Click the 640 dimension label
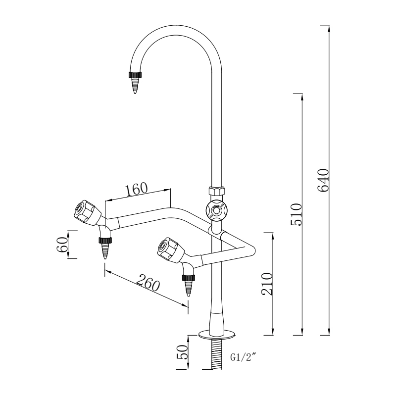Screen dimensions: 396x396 [322, 181]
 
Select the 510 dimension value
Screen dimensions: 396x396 [296, 214]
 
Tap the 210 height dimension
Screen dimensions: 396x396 [267, 284]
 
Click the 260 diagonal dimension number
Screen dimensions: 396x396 [148, 284]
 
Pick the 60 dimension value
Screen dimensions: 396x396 [62, 245]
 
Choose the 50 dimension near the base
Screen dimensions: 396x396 [182, 352]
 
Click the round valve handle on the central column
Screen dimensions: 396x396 [216, 210]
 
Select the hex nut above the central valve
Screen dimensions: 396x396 [216, 191]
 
